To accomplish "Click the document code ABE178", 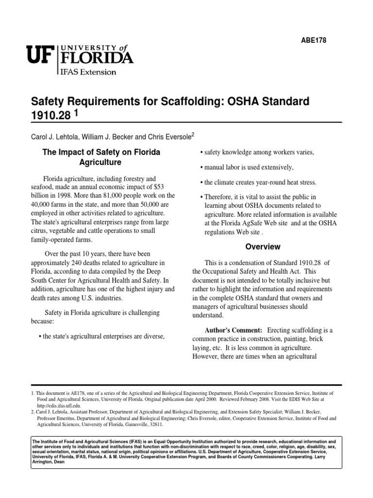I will click(x=314, y=40).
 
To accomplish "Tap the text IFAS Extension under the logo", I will click(x=88, y=72).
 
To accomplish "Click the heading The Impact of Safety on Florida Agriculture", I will click(x=101, y=157).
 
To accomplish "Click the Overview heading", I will click(x=263, y=247).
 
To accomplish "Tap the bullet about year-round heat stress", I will click(x=260, y=182).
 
